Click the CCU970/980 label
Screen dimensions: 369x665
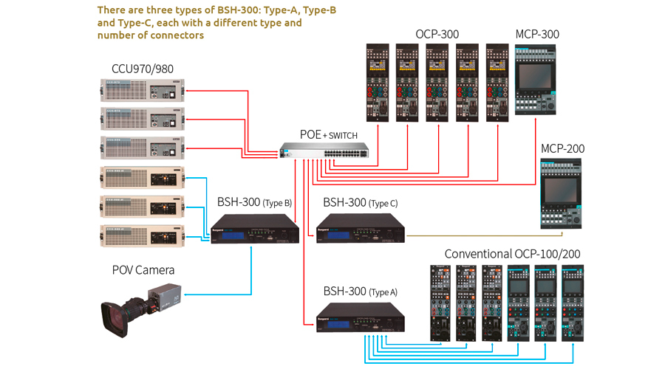(x=143, y=69)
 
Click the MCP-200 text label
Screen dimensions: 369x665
(x=562, y=149)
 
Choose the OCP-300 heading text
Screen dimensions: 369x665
(x=437, y=34)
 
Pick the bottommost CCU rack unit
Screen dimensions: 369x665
(x=142, y=235)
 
